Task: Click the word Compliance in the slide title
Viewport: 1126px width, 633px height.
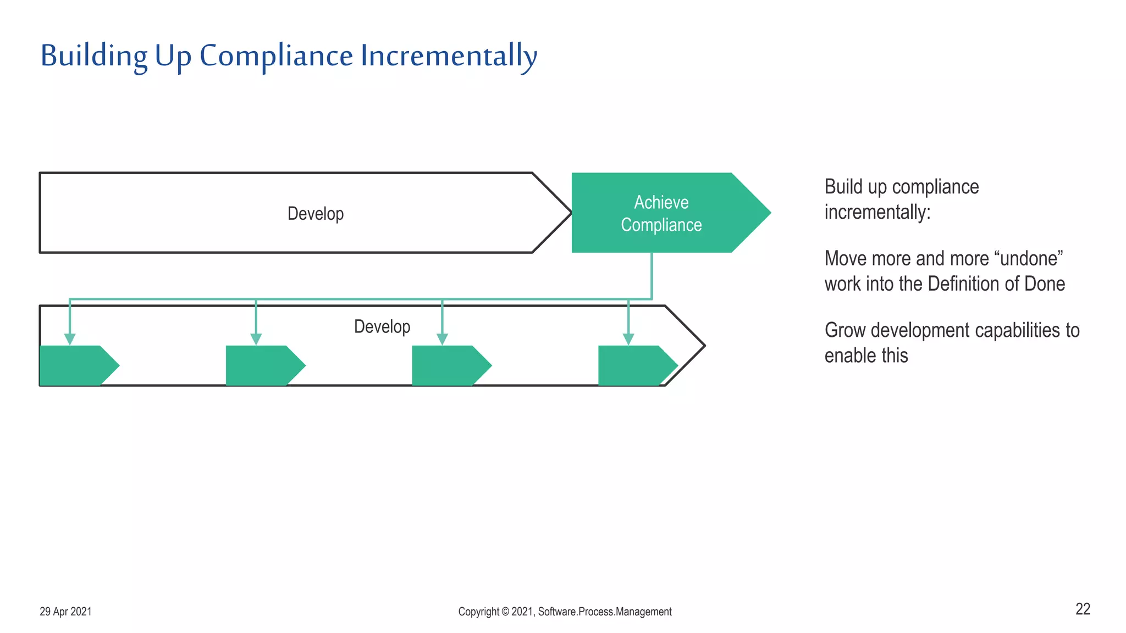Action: (x=276, y=56)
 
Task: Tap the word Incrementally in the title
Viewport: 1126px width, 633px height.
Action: (x=448, y=56)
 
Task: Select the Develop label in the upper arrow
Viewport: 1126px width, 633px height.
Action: (x=316, y=213)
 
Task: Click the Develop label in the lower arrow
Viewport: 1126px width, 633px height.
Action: (x=382, y=326)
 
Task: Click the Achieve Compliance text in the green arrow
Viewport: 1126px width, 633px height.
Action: (x=661, y=213)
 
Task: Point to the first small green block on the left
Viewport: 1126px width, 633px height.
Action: (x=74, y=365)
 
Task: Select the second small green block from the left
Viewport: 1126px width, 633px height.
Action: (x=261, y=365)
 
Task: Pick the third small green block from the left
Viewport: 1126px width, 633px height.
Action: (x=447, y=365)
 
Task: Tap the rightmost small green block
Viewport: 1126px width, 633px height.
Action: (x=633, y=365)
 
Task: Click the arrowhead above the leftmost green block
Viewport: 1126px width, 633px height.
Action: (x=70, y=338)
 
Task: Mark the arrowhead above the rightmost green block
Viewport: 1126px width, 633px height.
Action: (x=628, y=338)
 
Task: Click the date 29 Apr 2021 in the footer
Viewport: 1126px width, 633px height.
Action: (x=65, y=612)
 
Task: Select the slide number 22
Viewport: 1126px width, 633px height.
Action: (x=1083, y=609)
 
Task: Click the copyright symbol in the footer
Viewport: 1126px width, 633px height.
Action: (x=505, y=612)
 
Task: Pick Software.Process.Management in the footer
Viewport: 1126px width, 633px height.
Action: (x=605, y=612)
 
